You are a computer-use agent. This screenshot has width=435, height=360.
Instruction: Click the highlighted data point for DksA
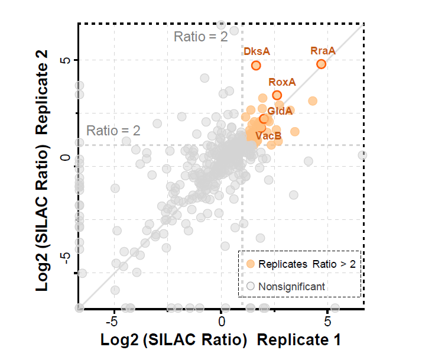[256, 65]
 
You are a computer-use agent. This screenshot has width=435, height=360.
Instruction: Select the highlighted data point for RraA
[322, 64]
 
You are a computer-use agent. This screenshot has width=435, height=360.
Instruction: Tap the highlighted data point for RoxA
[277, 95]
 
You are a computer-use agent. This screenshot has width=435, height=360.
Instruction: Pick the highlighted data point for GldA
[264, 119]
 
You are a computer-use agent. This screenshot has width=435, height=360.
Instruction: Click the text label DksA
[257, 51]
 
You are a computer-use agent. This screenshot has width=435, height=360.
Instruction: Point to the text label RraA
[323, 51]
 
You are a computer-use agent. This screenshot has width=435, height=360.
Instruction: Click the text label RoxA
[282, 82]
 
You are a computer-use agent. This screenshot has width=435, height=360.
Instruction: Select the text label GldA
[280, 111]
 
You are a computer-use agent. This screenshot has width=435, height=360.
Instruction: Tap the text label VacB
[268, 135]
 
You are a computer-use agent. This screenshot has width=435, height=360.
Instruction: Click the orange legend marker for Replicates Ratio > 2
[251, 264]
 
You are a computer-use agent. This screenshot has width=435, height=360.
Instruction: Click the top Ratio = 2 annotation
[200, 37]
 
